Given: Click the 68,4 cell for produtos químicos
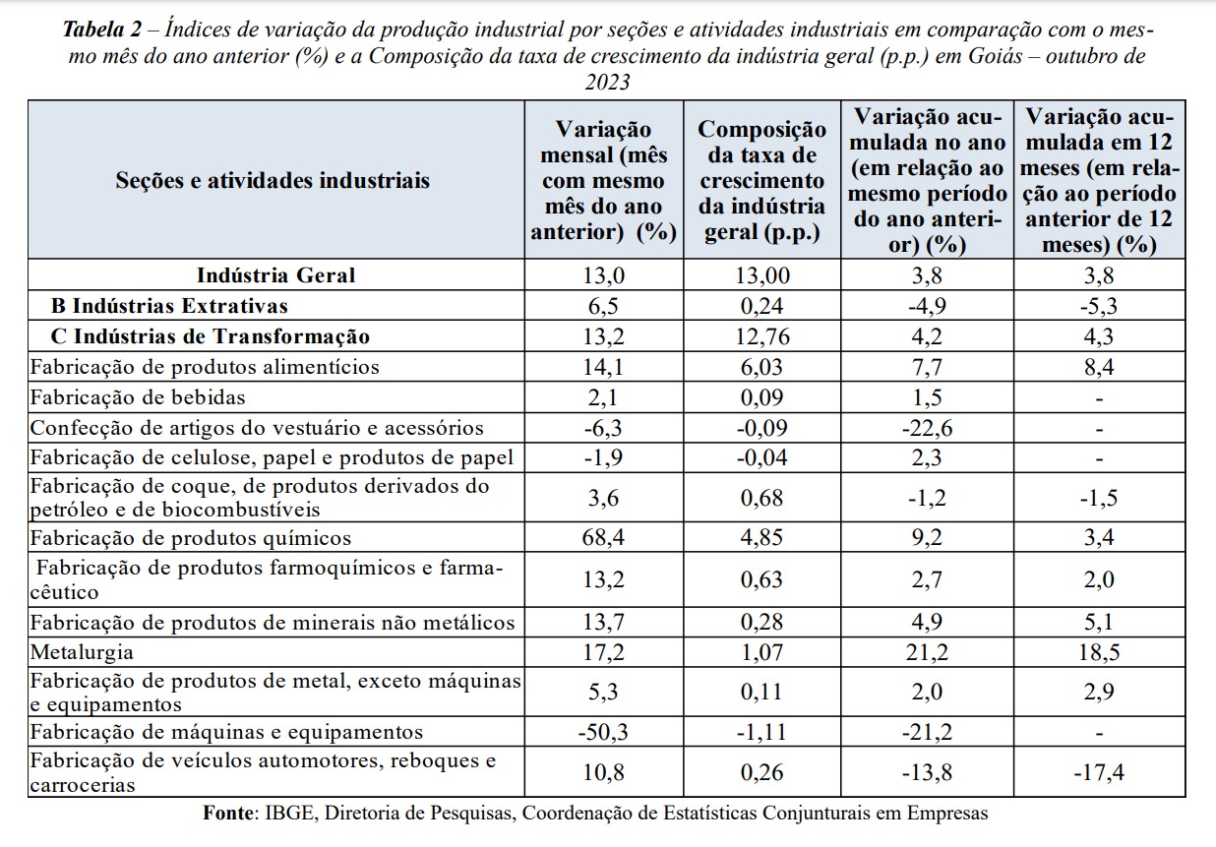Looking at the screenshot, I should (x=604, y=538).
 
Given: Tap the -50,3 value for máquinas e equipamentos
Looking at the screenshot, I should (x=604, y=732).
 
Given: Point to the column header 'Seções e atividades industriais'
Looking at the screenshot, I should (x=273, y=180).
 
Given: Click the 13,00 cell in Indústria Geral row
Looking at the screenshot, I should (x=762, y=275).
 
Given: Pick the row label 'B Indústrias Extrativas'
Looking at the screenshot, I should (x=169, y=306).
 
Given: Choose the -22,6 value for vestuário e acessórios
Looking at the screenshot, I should (x=927, y=428).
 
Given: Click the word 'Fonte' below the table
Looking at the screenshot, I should (x=229, y=813).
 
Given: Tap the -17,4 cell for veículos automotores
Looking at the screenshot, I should (x=1099, y=772).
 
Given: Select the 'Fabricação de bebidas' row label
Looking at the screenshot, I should (x=138, y=397).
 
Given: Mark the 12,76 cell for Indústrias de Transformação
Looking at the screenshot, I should (x=762, y=336).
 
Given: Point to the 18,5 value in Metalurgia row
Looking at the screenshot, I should (x=1099, y=652).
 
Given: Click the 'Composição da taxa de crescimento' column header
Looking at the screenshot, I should (x=762, y=180).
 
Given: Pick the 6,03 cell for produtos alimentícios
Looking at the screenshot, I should (x=762, y=367).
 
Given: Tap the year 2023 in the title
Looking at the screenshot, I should (x=608, y=83).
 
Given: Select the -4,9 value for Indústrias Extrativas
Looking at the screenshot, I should (x=927, y=306).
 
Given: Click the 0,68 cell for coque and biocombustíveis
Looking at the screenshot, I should (x=762, y=498).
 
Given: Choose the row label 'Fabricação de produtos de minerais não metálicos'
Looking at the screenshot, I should (x=273, y=622).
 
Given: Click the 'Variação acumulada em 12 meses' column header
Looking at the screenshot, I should (x=1099, y=180).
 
